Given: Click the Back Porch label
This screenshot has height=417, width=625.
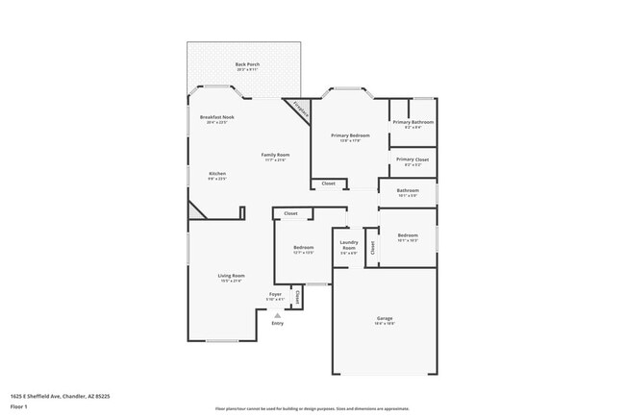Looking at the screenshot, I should point(247,64).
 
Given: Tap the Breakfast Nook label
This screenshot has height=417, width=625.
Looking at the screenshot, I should point(216,117).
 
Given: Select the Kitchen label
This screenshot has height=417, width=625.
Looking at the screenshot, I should point(217,173).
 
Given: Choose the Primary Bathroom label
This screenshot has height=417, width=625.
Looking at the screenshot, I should point(413,122).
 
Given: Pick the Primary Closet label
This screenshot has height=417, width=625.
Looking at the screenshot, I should point(412,159).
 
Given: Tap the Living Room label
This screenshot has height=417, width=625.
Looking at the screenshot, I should point(231,276).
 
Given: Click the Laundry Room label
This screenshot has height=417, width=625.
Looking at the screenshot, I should point(349,245).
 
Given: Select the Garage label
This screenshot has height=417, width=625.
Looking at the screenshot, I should point(385,318).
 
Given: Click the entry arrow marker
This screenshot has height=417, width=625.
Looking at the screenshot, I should point(277,314).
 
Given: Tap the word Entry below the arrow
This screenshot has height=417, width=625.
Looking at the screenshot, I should point(277,323).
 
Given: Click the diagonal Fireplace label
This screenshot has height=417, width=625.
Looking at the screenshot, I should point(299,110).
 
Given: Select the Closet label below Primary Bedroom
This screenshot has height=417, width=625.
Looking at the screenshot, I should point(328,183).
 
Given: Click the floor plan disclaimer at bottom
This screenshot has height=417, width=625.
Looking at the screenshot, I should point(312,408).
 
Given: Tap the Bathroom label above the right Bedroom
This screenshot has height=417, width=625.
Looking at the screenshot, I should point(408,190).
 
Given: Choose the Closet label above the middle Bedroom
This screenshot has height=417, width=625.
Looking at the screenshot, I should point(290,213).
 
